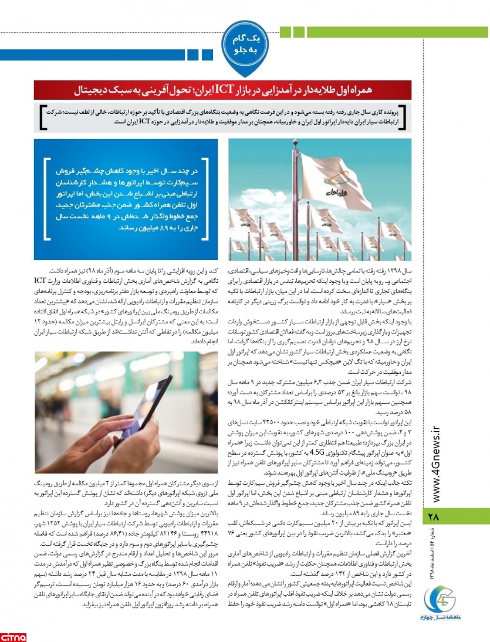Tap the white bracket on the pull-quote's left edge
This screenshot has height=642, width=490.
[46, 200]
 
